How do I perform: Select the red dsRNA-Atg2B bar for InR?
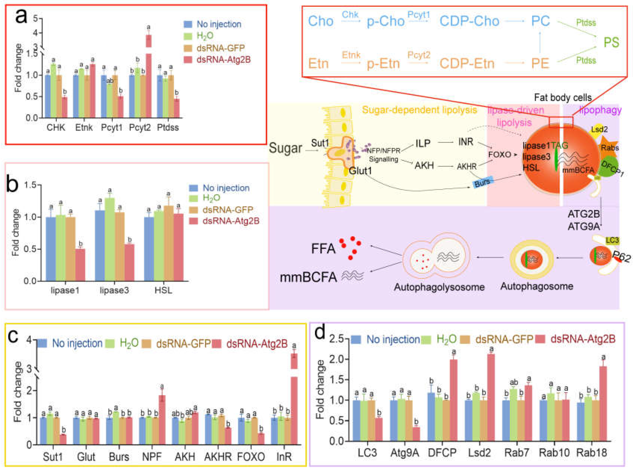pyautogui.click(x=294, y=406)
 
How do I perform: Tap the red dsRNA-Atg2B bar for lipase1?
pyautogui.click(x=80, y=265)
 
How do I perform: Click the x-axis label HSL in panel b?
pyautogui.click(x=163, y=291)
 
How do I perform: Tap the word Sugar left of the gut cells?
pyautogui.click(x=285, y=148)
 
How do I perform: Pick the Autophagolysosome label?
pyautogui.click(x=439, y=287)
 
